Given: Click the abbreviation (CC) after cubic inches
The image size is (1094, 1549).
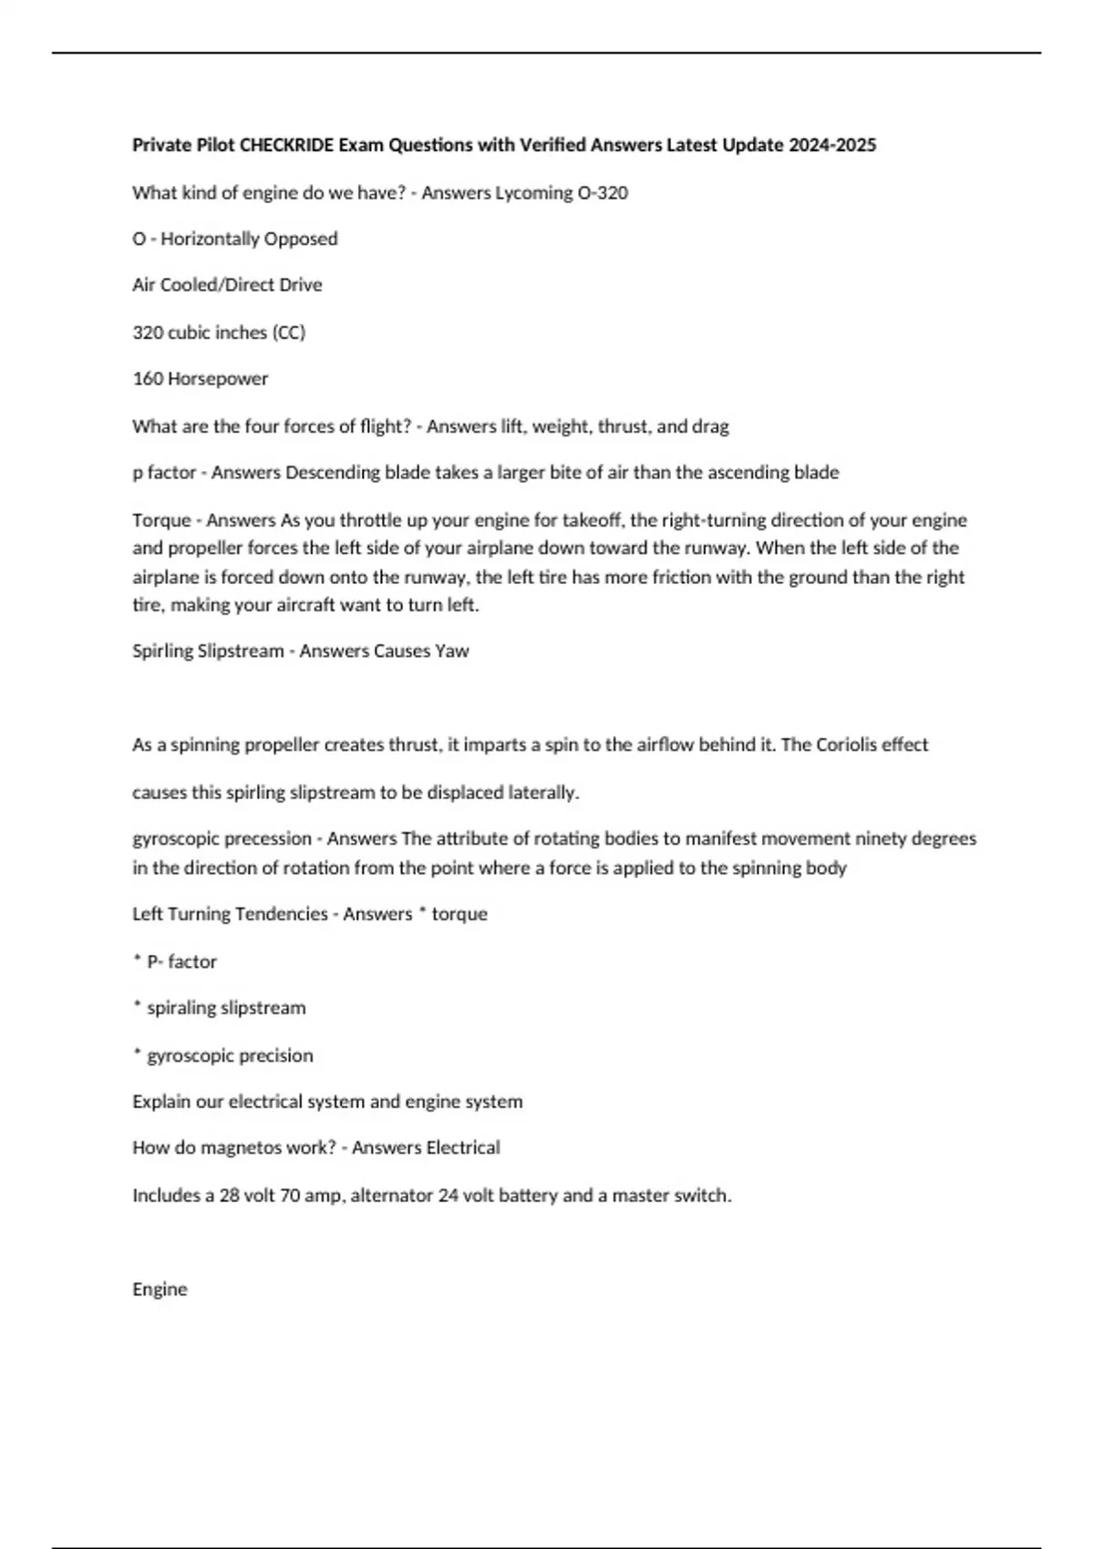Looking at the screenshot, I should [289, 333].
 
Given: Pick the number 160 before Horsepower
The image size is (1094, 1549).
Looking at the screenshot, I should [146, 379].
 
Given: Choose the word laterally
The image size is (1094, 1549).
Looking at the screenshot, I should [542, 793].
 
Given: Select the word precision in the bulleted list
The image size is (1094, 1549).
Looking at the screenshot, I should [279, 1056].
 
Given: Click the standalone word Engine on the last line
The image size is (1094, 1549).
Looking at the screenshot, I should [160, 1289].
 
